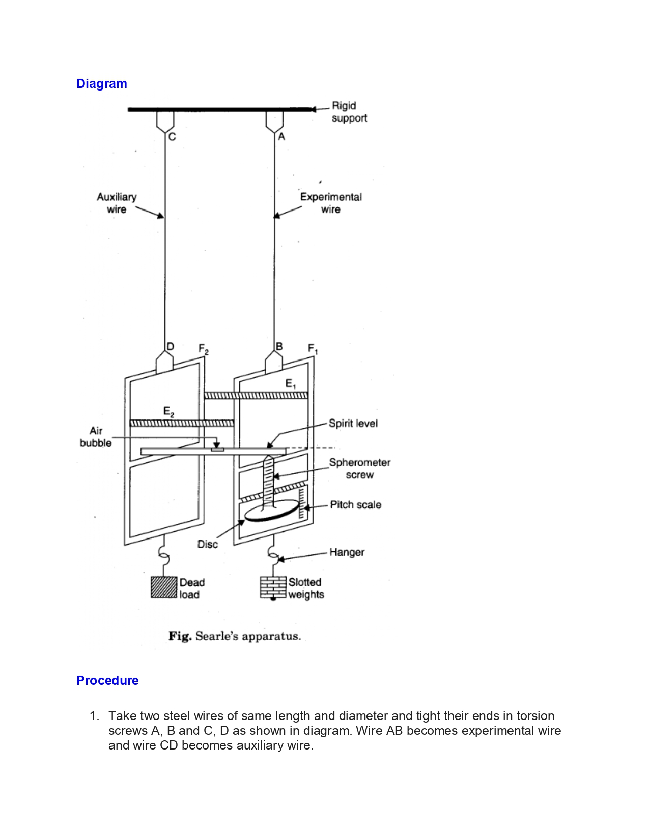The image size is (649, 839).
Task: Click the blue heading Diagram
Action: tap(102, 84)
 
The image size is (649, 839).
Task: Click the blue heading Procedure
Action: tap(107, 680)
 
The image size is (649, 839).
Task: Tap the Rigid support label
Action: tap(349, 111)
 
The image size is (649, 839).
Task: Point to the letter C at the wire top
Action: tap(172, 137)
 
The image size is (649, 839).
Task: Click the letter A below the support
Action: tap(281, 137)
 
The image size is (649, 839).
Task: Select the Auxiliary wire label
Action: tap(117, 203)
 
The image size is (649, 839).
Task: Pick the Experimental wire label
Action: tap(331, 203)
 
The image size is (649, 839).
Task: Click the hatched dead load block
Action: tap(163, 587)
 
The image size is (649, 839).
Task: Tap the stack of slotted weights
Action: tap(273, 587)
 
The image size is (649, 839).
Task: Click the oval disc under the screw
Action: tap(272, 511)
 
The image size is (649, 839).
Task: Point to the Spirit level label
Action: tap(353, 424)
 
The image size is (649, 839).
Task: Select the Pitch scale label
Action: tap(356, 505)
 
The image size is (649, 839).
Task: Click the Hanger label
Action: tap(347, 553)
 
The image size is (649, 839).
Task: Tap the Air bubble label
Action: tap(96, 437)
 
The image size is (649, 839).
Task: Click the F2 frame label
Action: tap(204, 349)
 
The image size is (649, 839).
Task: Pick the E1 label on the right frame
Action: tap(291, 384)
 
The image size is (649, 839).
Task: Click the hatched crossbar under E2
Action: tap(182, 423)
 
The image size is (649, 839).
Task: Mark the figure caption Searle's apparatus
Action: tap(235, 636)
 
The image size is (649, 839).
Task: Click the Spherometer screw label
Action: tap(359, 469)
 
